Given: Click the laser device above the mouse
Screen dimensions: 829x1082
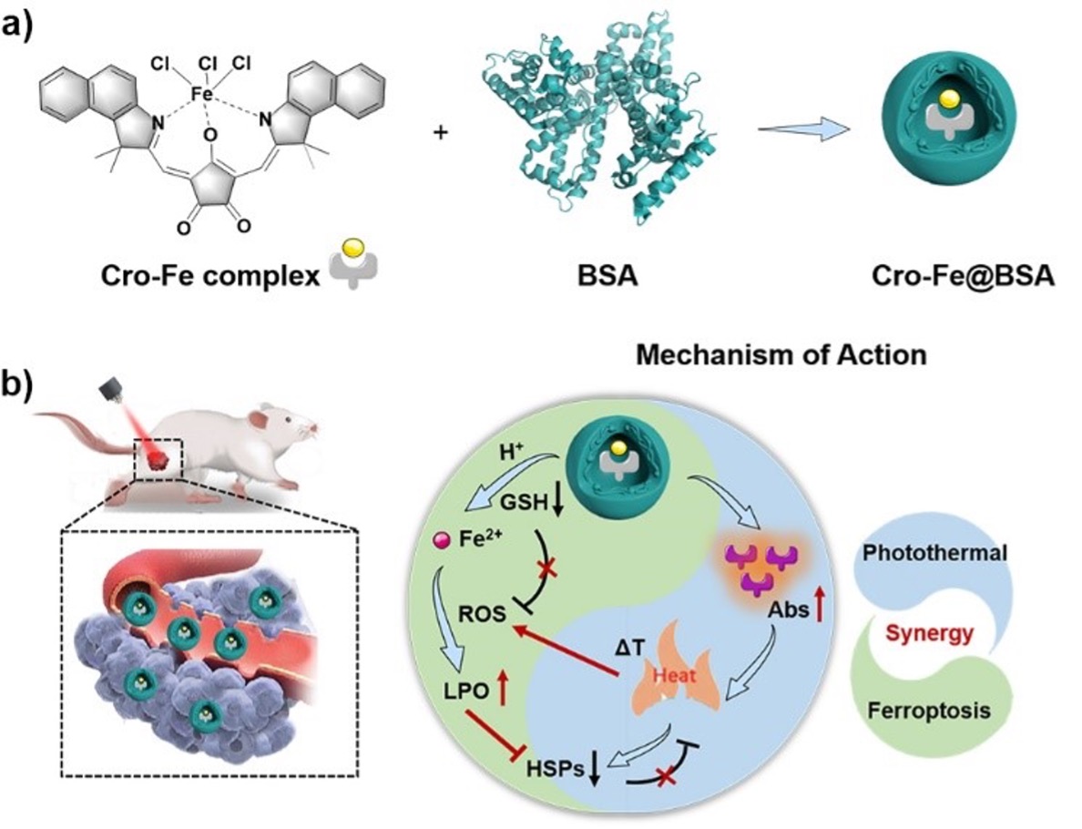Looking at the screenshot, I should pyautogui.click(x=112, y=394).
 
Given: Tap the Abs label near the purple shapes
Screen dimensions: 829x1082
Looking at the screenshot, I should pyautogui.click(x=781, y=610).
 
